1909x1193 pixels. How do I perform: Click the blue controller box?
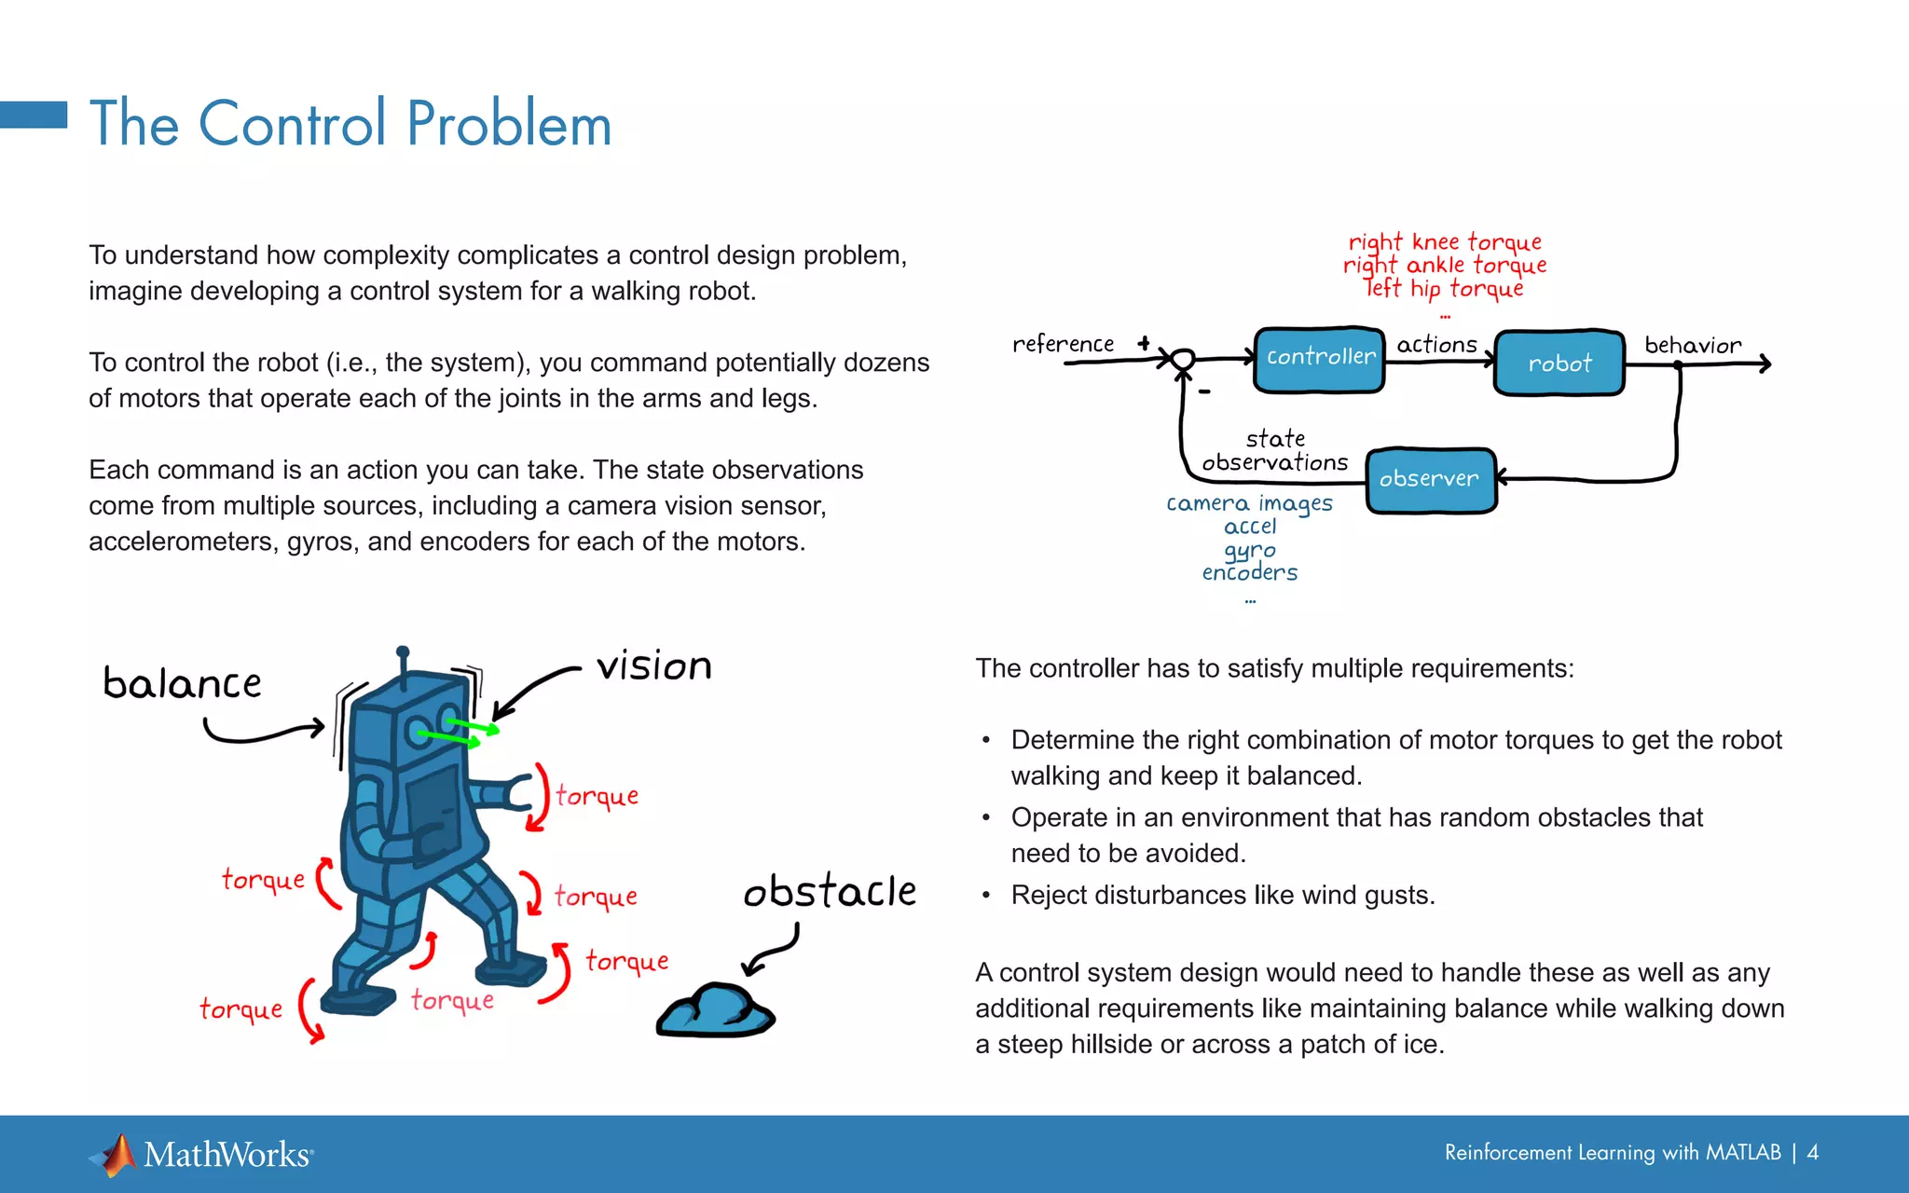click(1319, 359)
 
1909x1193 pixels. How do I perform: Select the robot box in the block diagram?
click(1559, 363)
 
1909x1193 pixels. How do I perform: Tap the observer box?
click(1430, 480)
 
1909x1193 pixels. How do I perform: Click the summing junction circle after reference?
click(1182, 359)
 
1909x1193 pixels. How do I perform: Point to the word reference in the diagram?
click(1063, 344)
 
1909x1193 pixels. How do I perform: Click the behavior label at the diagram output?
click(1692, 346)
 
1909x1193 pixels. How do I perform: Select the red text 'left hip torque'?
click(1444, 288)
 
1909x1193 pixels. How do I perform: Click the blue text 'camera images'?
click(1249, 504)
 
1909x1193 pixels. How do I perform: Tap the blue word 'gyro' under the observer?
click(1249, 551)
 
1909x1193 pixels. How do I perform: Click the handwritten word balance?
click(183, 684)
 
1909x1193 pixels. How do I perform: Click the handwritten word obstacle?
click(830, 892)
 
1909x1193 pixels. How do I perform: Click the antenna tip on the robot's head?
click(403, 651)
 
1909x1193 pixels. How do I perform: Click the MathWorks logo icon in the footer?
click(116, 1155)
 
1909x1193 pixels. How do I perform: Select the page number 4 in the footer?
click(1812, 1153)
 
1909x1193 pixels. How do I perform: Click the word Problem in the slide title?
click(509, 124)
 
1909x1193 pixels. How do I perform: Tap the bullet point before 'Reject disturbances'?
click(985, 896)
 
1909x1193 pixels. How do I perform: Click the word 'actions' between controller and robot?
click(1436, 345)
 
